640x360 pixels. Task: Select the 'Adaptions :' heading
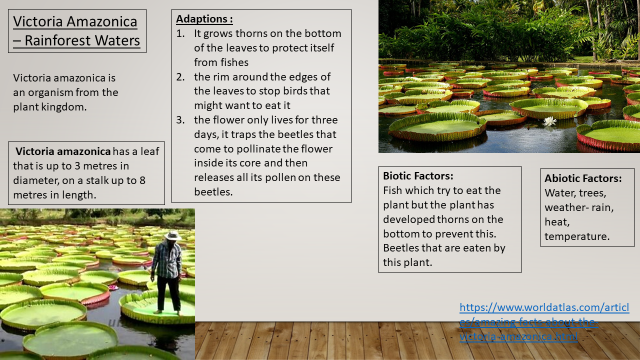205,19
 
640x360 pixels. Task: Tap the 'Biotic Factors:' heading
418,175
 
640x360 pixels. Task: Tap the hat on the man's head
171,236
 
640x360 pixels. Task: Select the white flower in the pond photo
549,121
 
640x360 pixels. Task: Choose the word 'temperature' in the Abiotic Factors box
578,236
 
